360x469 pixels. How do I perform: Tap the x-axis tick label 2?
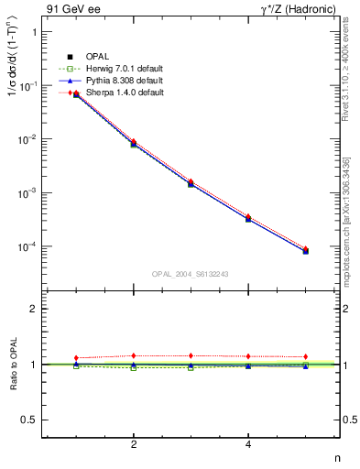[x=134, y=444]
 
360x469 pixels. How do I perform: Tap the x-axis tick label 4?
[x=248, y=444]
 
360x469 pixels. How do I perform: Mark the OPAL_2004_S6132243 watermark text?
[x=191, y=274]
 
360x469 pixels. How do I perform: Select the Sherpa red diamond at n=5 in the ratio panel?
[x=305, y=356]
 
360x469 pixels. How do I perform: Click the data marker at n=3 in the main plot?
[x=191, y=184]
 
